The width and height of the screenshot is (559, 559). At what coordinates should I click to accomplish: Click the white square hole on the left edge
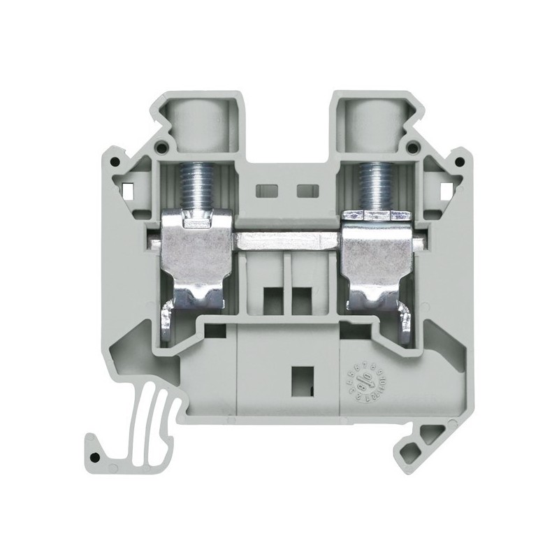(128, 189)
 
